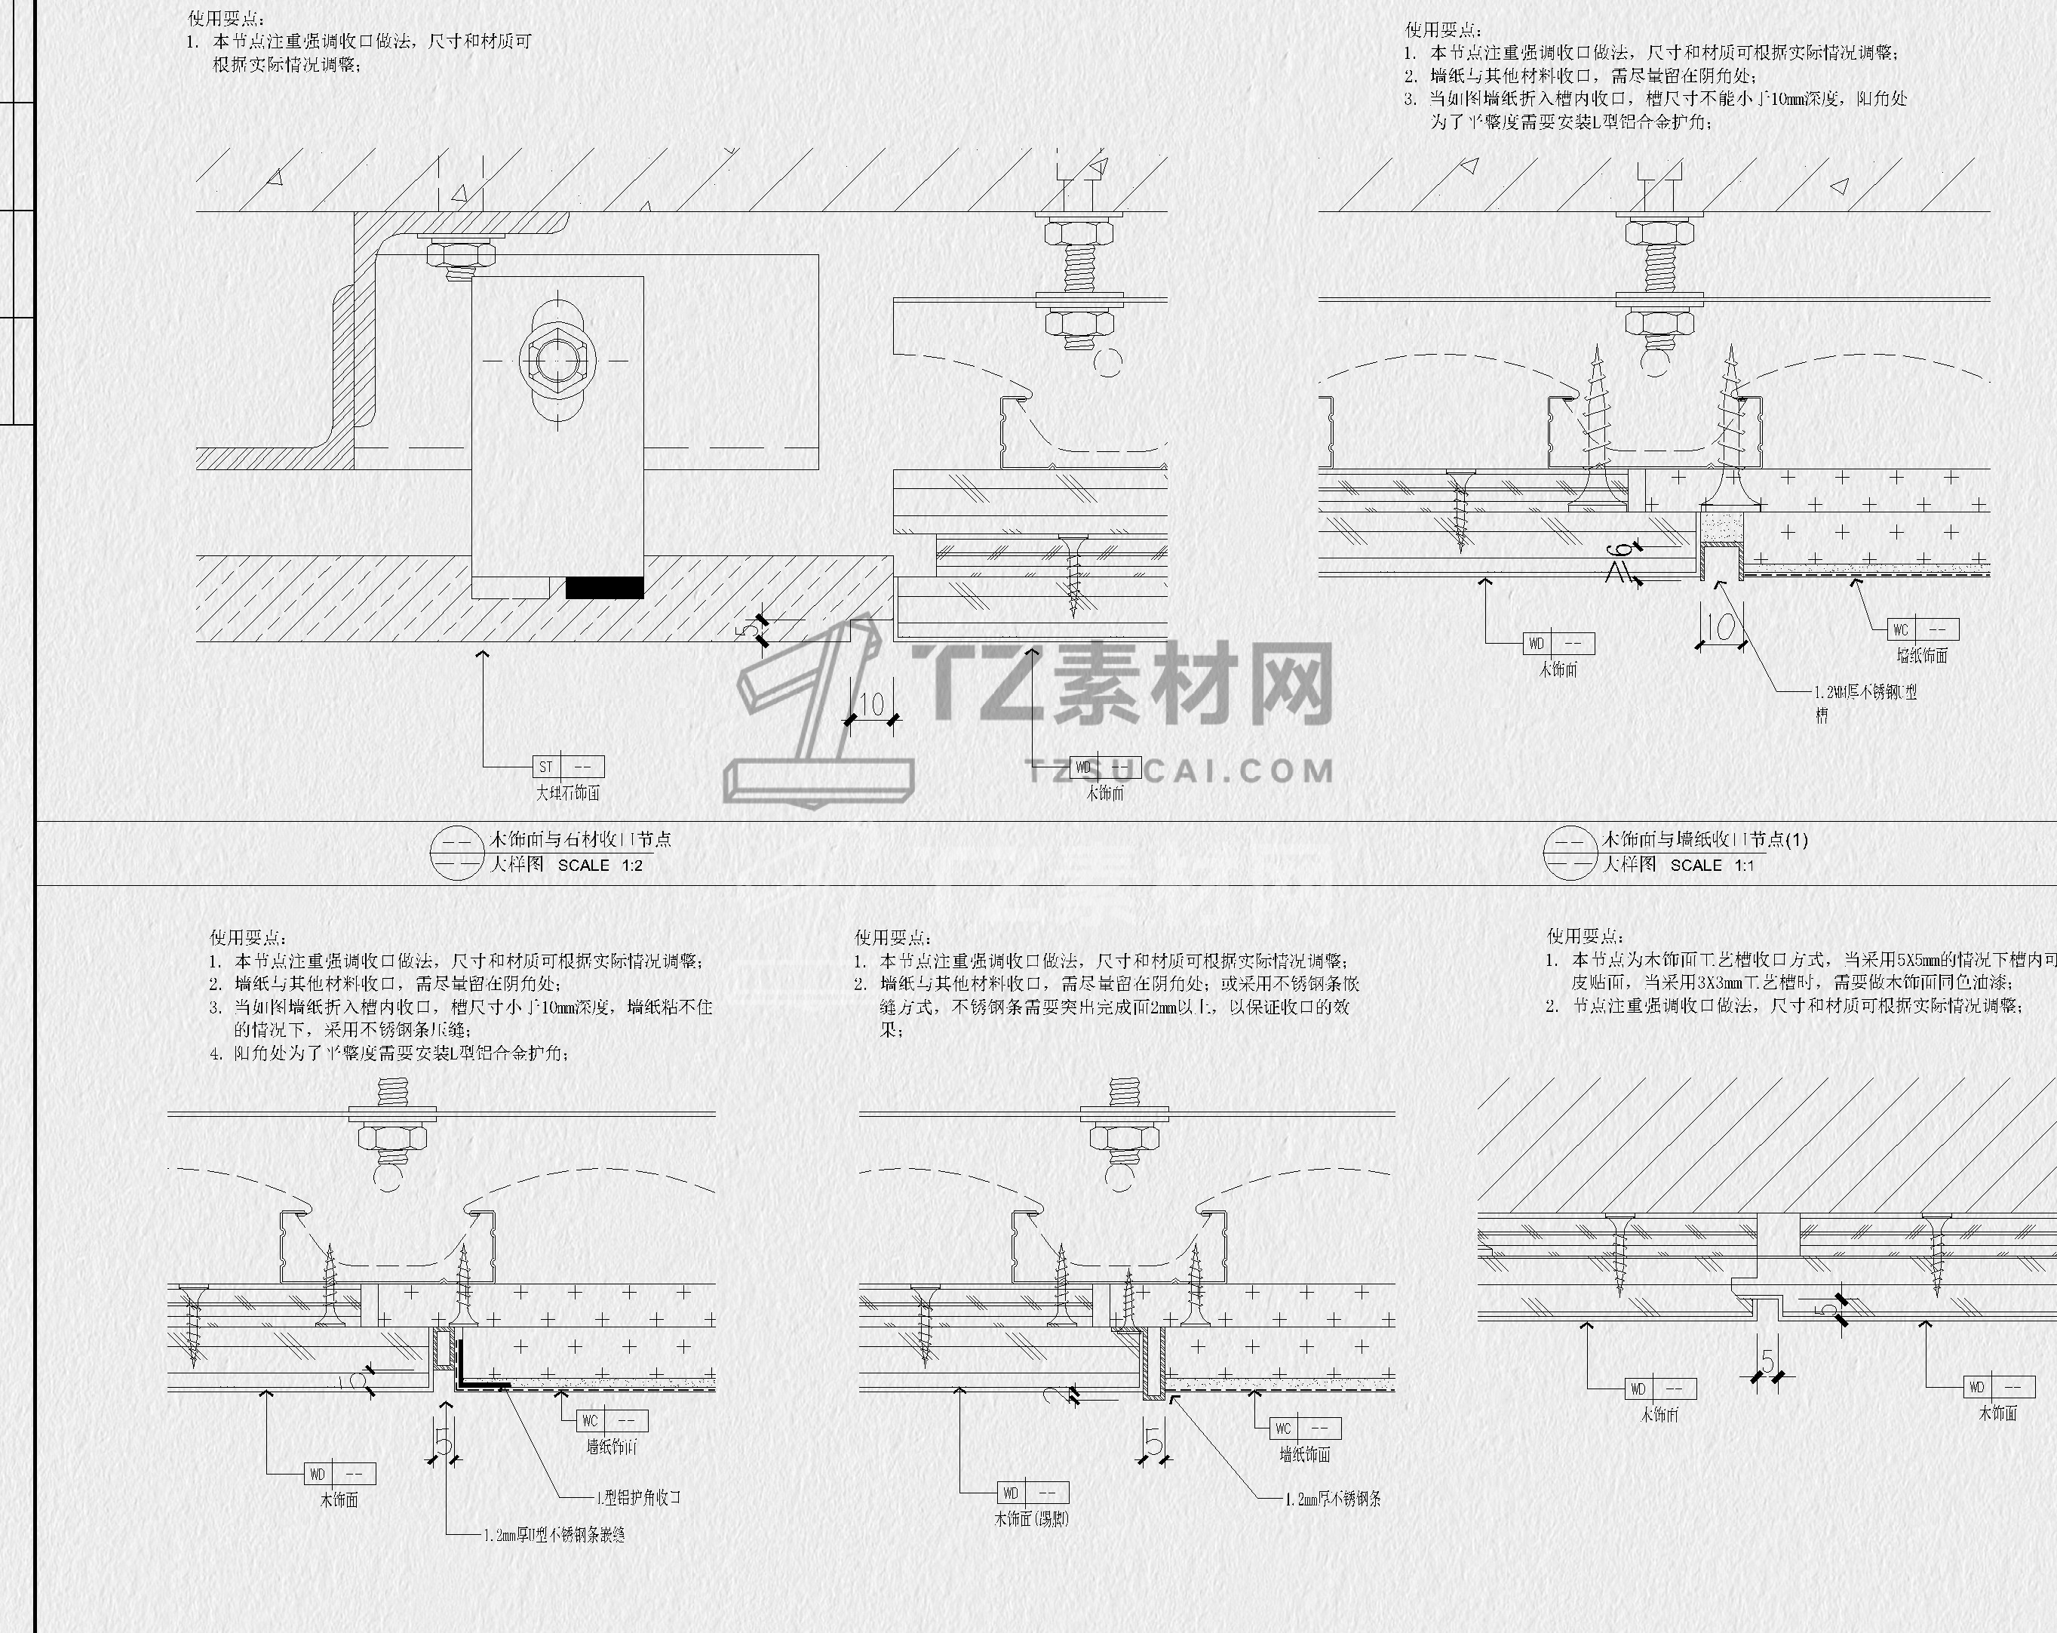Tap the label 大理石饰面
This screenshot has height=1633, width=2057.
[568, 792]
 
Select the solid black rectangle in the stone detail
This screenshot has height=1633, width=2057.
[604, 587]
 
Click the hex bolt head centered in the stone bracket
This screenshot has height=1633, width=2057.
[557, 360]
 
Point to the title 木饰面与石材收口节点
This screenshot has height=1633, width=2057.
[580, 839]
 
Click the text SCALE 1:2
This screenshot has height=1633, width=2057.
[600, 866]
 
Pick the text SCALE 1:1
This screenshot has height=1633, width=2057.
[1712, 865]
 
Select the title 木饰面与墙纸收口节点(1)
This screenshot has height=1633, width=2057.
[1705, 840]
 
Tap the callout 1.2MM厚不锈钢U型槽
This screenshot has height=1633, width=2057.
[1865, 703]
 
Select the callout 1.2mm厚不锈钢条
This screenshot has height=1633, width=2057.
[1332, 1499]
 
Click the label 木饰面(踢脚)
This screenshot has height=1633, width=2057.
[1030, 1518]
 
